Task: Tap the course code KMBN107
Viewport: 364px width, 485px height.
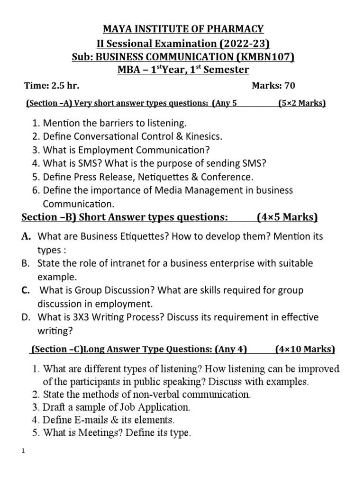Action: (x=269, y=57)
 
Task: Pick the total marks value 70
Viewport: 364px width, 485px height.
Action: (x=290, y=86)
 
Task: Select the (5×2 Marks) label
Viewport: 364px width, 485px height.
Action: (x=301, y=103)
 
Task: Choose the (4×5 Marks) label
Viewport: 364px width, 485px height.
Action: (x=287, y=217)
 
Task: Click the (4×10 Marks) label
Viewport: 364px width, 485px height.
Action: (x=305, y=350)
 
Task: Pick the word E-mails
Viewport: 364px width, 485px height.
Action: (x=89, y=420)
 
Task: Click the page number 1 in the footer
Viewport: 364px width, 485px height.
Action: (x=23, y=450)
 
